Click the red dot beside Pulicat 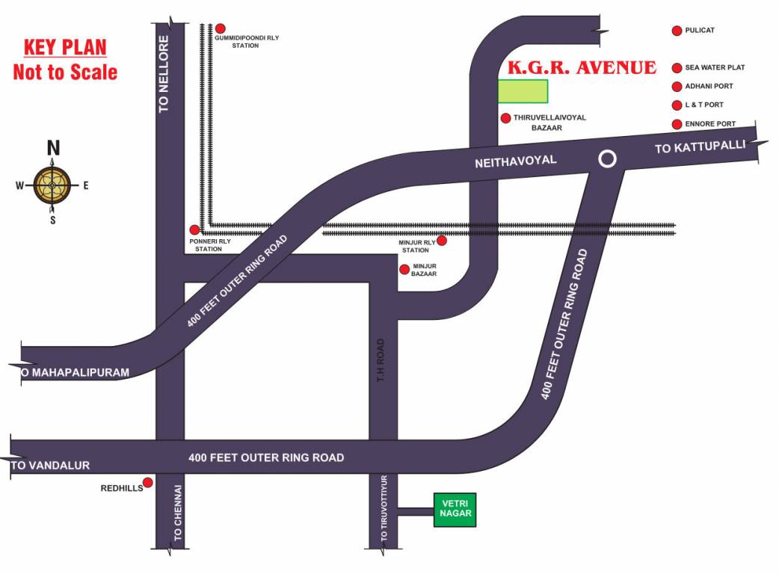677,31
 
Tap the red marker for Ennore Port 677,124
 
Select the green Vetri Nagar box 455,510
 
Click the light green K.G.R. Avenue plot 523,90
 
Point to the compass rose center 52,185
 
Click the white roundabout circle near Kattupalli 608,158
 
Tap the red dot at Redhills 148,483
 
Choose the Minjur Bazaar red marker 404,269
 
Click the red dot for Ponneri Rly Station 194,230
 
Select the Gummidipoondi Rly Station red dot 221,28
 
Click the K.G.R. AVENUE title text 582,68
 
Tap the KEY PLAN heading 65,49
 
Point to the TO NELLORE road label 164,74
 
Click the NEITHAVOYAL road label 516,161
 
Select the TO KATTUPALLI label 700,147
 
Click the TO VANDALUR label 51,466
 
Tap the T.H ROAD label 380,362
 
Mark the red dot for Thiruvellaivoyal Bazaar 505,118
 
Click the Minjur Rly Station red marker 442,241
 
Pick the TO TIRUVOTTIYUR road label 384,509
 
